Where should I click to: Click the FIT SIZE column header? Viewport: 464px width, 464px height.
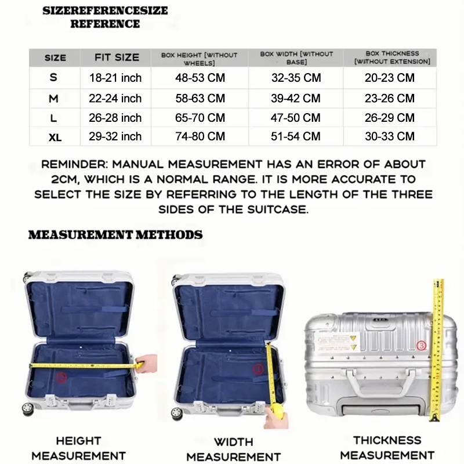point(117,57)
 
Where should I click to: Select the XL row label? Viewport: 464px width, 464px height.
point(55,137)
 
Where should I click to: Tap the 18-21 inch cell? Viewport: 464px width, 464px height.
point(115,78)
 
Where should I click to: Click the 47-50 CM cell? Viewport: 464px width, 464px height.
point(295,118)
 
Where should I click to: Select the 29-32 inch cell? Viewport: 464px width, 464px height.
point(115,137)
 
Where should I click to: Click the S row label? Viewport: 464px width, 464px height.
point(55,78)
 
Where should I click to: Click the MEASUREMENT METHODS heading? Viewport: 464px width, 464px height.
point(115,235)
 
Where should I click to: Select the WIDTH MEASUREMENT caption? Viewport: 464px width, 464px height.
point(233,449)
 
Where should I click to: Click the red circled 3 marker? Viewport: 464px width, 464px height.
point(422,345)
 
